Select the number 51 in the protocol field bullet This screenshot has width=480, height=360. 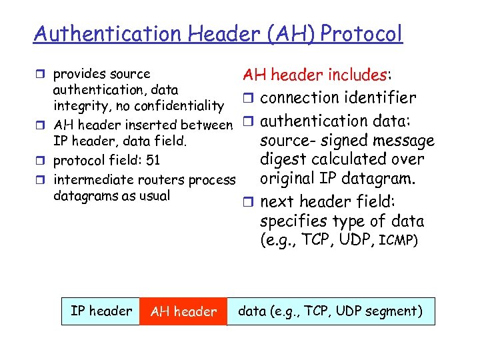click(x=152, y=160)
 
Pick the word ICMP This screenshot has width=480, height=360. click(x=398, y=240)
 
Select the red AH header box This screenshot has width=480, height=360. click(x=183, y=311)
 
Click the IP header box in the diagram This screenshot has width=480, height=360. click(x=101, y=311)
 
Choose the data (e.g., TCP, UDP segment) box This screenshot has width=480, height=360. click(x=331, y=311)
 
